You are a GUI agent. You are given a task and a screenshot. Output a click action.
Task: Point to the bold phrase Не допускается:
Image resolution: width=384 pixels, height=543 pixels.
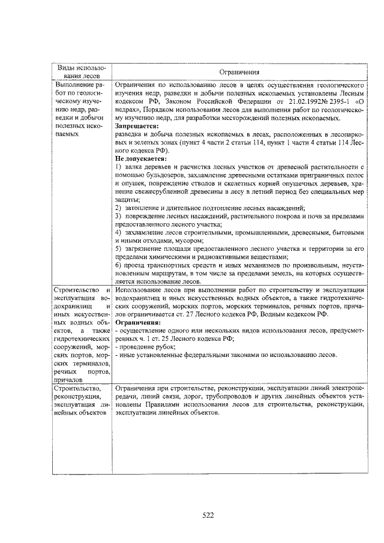[141, 157]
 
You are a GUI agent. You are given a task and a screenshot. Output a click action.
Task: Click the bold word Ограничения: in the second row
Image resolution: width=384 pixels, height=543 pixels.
[137, 322]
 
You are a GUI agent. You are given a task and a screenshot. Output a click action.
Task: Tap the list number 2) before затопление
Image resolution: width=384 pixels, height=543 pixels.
[119, 207]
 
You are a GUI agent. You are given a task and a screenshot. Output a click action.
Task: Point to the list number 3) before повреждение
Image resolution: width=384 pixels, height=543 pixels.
[119, 215]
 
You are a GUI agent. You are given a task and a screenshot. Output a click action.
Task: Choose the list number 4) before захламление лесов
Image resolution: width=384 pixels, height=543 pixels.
[119, 232]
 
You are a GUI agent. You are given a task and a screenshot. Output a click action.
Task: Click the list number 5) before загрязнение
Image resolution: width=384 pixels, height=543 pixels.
[119, 248]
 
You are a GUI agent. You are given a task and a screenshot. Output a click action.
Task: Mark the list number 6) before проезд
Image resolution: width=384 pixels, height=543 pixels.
[119, 265]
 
